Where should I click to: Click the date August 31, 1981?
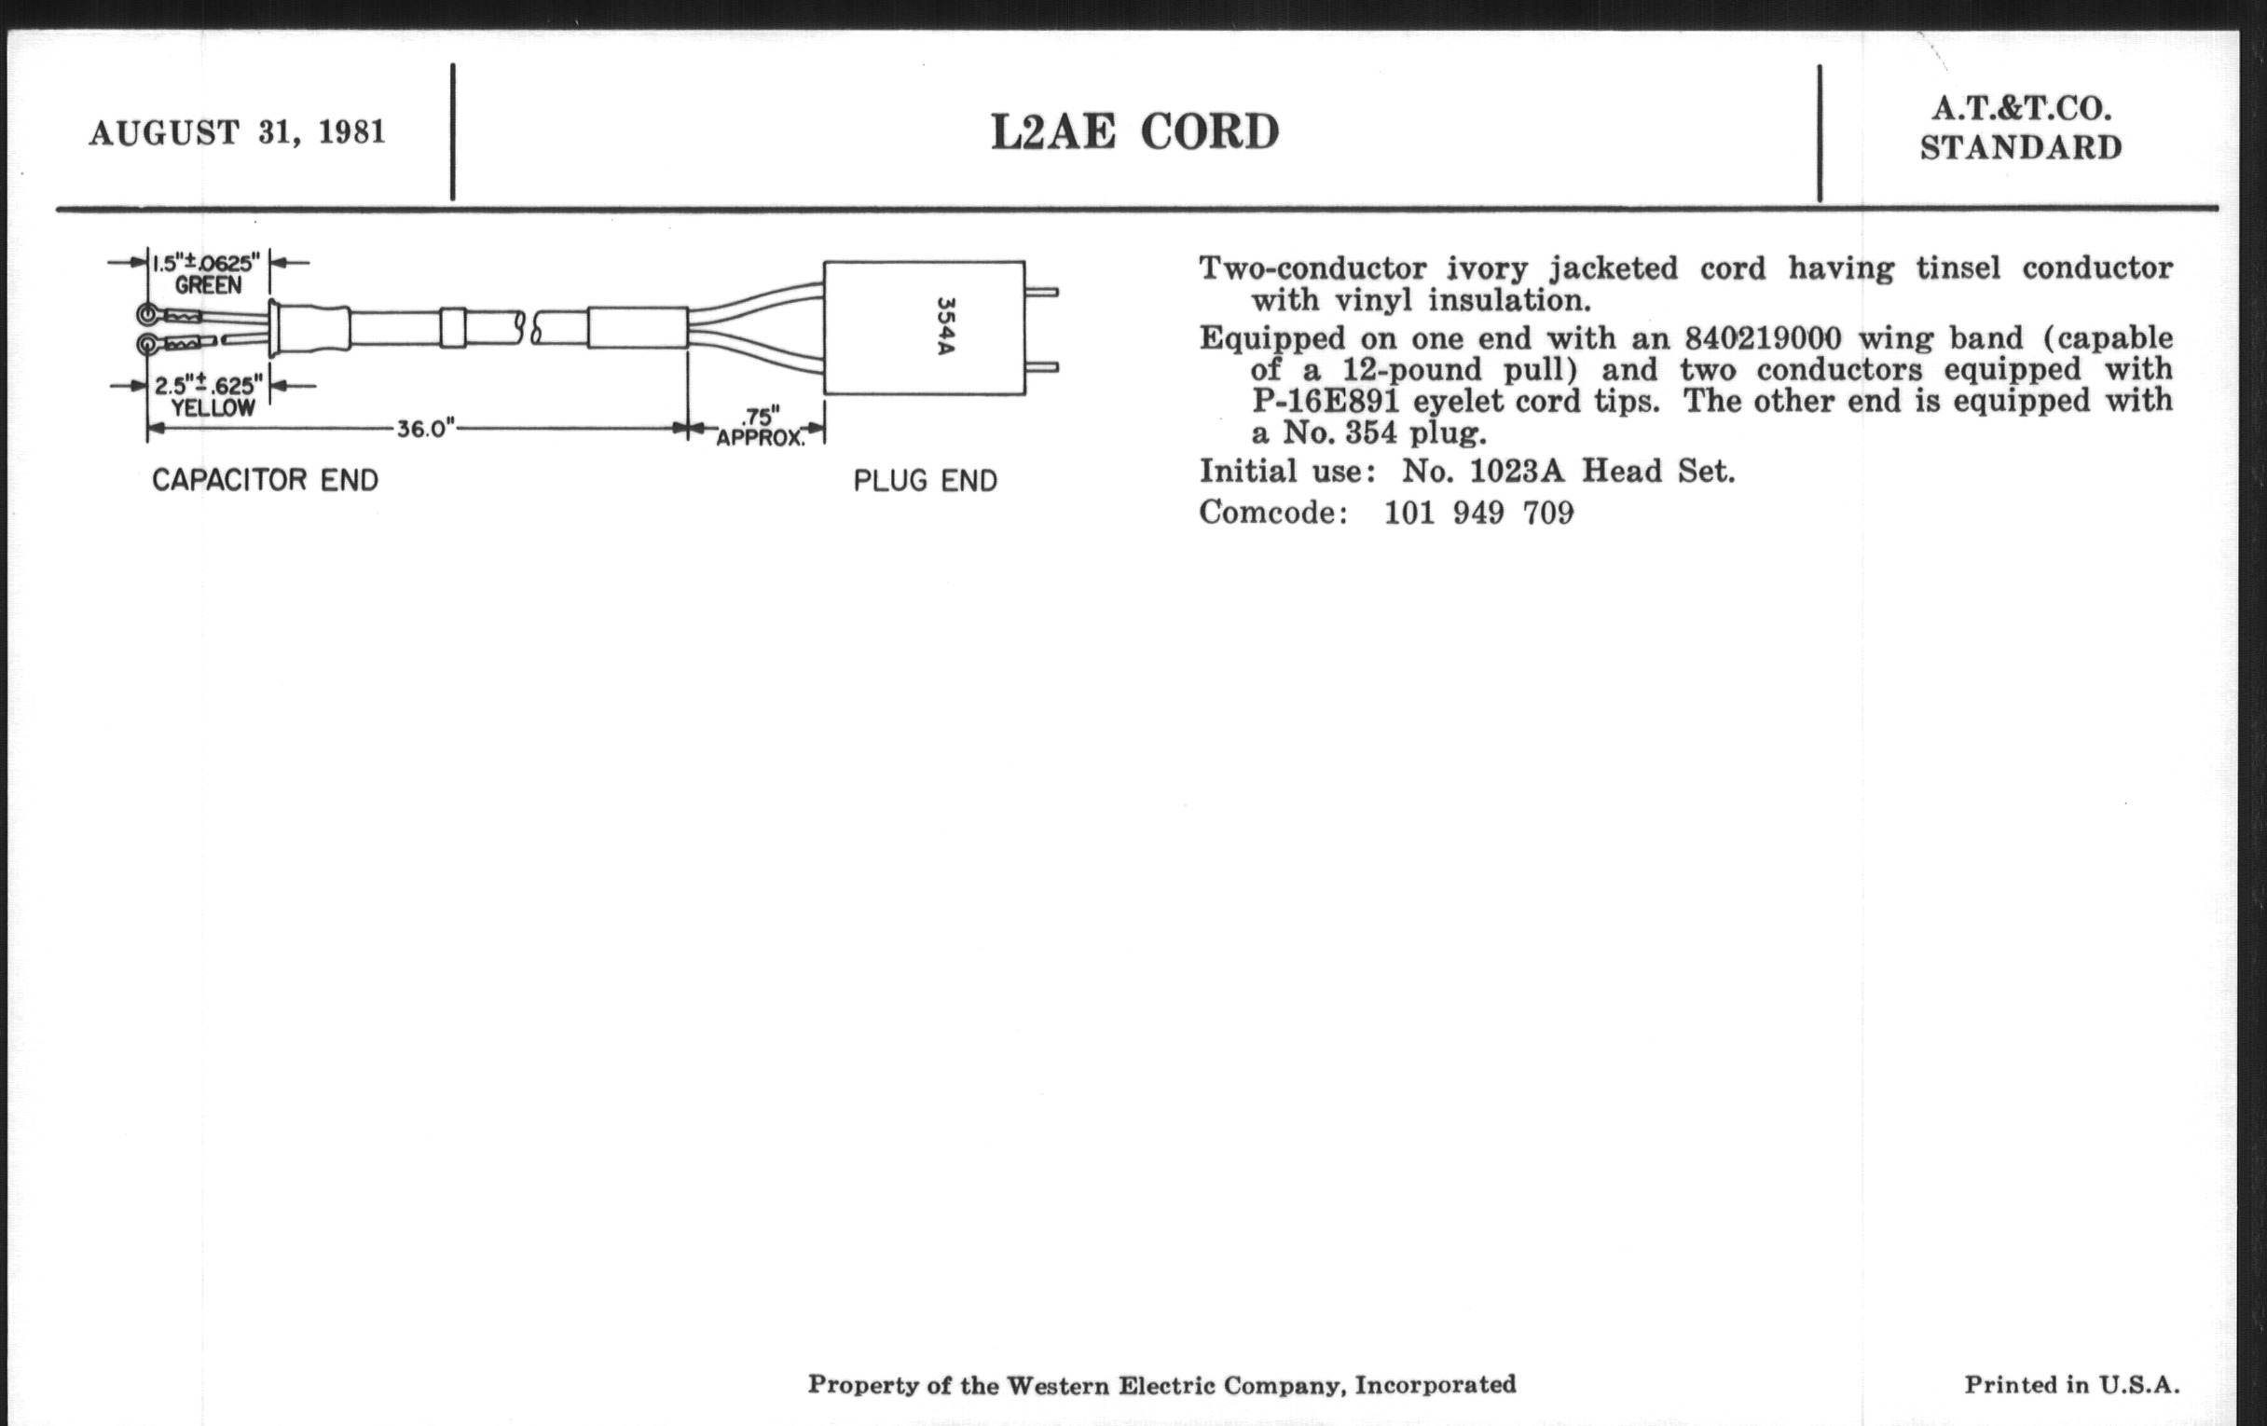click(x=238, y=132)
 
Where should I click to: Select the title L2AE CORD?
click(x=1134, y=131)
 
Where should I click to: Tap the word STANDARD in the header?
click(x=2021, y=149)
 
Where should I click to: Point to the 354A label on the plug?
click(x=944, y=326)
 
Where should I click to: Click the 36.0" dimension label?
click(x=424, y=430)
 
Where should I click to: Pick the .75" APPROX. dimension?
click(x=761, y=427)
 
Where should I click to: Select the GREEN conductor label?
click(x=208, y=285)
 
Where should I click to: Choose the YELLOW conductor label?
click(x=213, y=408)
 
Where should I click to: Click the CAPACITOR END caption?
click(x=266, y=480)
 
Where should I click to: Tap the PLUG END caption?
click(x=925, y=481)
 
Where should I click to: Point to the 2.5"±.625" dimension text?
click(x=208, y=386)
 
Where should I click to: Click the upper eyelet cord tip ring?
click(x=148, y=314)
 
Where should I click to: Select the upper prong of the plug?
click(x=1042, y=292)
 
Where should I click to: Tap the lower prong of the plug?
click(x=1042, y=367)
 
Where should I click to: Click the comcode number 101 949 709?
click(x=1478, y=513)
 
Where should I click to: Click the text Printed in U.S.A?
click(x=2071, y=1385)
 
